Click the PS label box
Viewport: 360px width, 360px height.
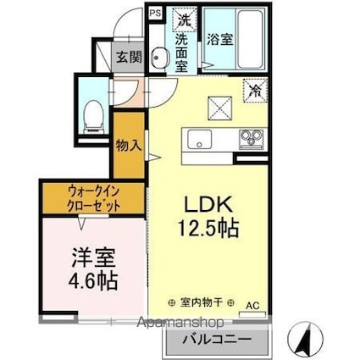(x=155, y=13)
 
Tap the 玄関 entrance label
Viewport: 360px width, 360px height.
(x=129, y=58)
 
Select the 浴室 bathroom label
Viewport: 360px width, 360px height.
(x=220, y=40)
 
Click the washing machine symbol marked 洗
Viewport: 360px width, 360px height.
(x=184, y=19)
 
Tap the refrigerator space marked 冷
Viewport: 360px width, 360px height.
(x=255, y=91)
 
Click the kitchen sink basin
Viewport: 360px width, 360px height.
(x=199, y=139)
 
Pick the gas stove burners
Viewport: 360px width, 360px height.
(x=251, y=138)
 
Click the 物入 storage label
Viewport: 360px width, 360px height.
(x=129, y=146)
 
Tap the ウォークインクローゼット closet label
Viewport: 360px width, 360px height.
(x=93, y=199)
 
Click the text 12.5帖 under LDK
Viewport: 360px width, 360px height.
(x=208, y=229)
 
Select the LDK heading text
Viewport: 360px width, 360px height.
(x=208, y=204)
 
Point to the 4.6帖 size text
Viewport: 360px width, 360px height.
(x=93, y=281)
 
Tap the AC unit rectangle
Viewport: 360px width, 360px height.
(x=252, y=314)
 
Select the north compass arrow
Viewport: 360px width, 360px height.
(x=306, y=338)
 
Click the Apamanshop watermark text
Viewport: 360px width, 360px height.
(x=180, y=323)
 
